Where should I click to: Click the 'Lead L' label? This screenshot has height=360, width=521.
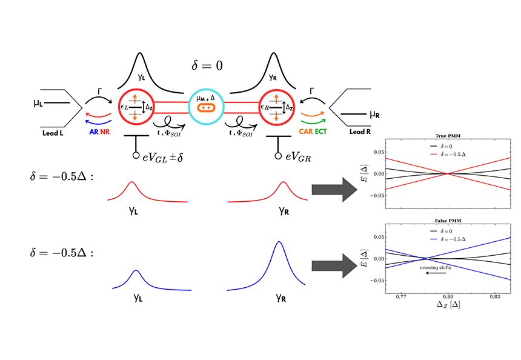(53, 133)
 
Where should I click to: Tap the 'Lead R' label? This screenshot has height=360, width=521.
(360, 132)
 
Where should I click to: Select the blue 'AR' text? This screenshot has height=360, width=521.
(94, 132)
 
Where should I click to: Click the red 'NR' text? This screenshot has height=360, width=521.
(105, 132)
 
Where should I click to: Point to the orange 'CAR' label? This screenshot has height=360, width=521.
(306, 132)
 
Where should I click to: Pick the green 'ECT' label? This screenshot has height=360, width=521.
(320, 132)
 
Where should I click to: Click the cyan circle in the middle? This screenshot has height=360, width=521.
(206, 90)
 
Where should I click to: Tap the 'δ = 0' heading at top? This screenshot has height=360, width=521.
(207, 65)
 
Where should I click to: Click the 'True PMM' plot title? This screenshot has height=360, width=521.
(448, 136)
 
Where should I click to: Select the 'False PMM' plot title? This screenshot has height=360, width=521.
(448, 221)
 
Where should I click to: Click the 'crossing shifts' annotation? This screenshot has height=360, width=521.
(435, 268)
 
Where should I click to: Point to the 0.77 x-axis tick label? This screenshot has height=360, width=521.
(401, 297)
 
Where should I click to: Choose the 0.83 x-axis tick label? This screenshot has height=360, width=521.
(495, 297)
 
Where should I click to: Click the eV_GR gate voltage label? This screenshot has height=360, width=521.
(299, 156)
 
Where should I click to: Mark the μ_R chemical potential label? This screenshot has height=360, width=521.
(374, 115)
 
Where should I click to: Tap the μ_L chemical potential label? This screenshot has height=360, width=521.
(38, 103)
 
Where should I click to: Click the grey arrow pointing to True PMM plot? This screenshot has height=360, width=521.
(334, 190)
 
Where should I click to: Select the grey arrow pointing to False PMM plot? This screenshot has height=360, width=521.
(334, 265)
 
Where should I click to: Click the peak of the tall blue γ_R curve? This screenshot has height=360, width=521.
(279, 242)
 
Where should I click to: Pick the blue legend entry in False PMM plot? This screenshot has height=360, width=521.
(448, 239)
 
